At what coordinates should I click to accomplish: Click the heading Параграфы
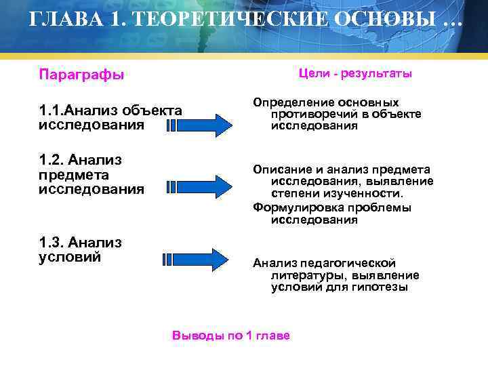(x=81, y=74)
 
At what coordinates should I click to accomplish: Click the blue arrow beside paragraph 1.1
(x=199, y=125)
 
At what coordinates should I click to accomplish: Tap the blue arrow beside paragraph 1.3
(x=197, y=259)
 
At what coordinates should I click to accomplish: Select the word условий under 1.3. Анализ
(x=70, y=257)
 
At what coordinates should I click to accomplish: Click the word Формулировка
(x=297, y=207)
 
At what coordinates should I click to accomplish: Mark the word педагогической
(x=352, y=263)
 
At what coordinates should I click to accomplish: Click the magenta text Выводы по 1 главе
(x=231, y=335)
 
